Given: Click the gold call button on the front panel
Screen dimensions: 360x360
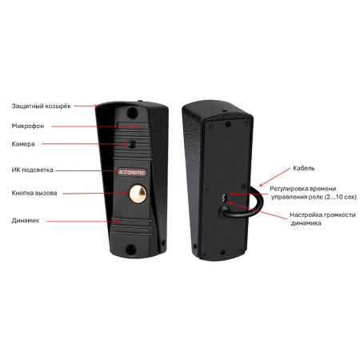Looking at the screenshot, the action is (x=138, y=194).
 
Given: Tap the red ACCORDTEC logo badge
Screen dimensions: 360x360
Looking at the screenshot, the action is (x=132, y=173).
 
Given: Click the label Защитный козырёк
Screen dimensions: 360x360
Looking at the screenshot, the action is (x=42, y=106).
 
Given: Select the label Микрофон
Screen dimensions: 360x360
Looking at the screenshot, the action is (x=28, y=126).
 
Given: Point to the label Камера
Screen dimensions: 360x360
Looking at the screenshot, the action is (x=23, y=144).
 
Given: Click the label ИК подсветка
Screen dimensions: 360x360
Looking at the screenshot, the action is (x=33, y=170).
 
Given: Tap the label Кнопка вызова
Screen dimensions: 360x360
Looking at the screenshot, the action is (x=34, y=193).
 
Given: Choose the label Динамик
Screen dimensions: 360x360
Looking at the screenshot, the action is (x=26, y=221).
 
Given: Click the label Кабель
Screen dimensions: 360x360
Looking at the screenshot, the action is (x=304, y=168).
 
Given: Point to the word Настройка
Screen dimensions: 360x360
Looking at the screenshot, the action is (x=306, y=215).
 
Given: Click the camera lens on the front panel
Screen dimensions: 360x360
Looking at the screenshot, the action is (x=132, y=144).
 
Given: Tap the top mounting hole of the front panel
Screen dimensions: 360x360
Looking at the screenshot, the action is (x=132, y=113).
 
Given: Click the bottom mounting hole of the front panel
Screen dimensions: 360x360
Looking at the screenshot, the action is (x=131, y=250).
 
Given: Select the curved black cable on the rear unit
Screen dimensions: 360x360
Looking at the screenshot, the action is (x=254, y=207).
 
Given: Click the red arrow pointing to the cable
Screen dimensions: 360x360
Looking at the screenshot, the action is (x=274, y=177).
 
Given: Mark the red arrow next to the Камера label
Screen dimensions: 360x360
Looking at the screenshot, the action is (x=85, y=144).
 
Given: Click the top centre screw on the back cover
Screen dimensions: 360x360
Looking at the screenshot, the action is (x=228, y=124).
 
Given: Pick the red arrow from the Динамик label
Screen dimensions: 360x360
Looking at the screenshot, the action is (x=84, y=221).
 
